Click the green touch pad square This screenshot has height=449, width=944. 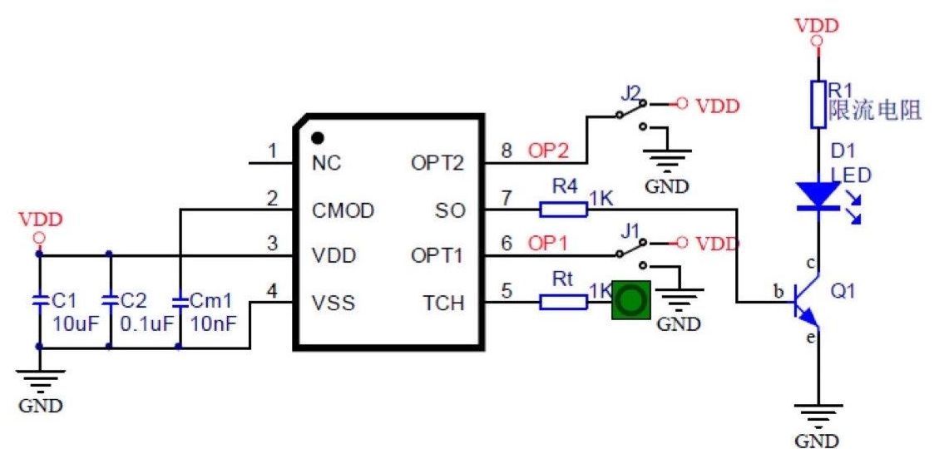(x=631, y=301)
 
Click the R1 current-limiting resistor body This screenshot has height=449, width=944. (x=818, y=104)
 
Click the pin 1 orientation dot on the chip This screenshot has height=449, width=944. (x=317, y=137)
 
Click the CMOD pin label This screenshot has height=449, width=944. (x=343, y=210)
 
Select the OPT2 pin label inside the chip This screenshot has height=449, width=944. (x=436, y=163)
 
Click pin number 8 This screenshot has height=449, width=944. (x=505, y=150)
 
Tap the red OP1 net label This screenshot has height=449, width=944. (x=547, y=244)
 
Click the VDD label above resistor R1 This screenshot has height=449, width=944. (x=817, y=25)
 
